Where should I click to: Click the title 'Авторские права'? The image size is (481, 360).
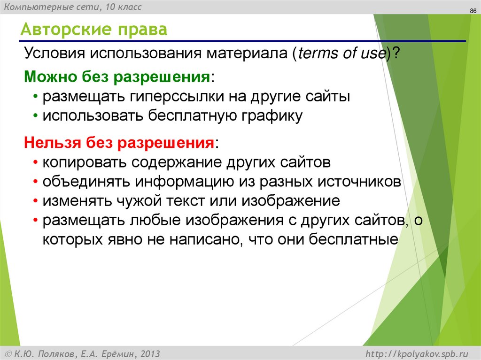pyautogui.click(x=93, y=31)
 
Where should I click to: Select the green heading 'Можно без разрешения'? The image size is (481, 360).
pyautogui.click(x=117, y=76)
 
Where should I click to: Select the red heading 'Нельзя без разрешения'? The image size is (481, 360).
pyautogui.click(x=120, y=142)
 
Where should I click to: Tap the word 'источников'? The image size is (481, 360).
pyautogui.click(x=362, y=182)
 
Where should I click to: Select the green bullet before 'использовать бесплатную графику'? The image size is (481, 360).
pyautogui.click(x=36, y=116)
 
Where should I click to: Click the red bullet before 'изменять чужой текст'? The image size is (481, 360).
pyautogui.click(x=36, y=201)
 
